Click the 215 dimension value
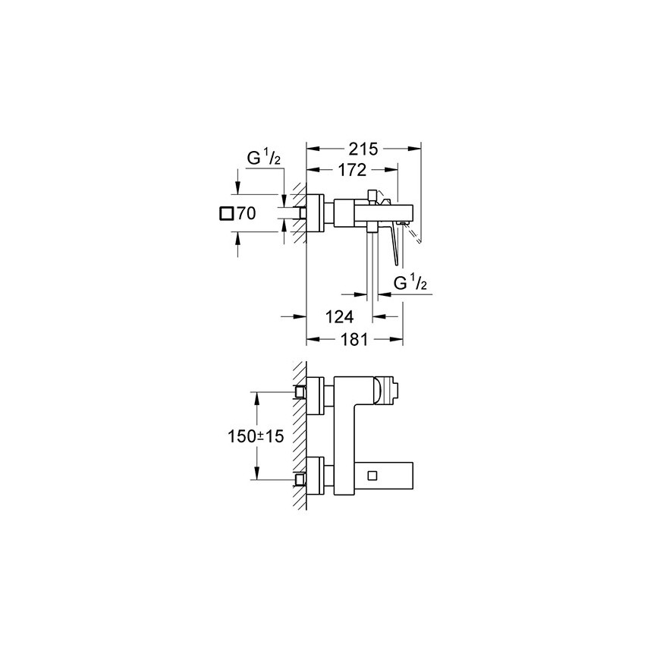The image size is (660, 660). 363,149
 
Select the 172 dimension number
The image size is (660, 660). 352,170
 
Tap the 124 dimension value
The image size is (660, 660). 340,316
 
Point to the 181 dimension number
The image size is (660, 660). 354,339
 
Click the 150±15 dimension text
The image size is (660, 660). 256,436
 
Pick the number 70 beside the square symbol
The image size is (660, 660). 247,213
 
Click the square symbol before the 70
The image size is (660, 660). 227,214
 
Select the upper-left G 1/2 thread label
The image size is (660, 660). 263,159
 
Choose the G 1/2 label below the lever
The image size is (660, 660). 410,283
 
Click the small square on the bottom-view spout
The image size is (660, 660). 372,476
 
